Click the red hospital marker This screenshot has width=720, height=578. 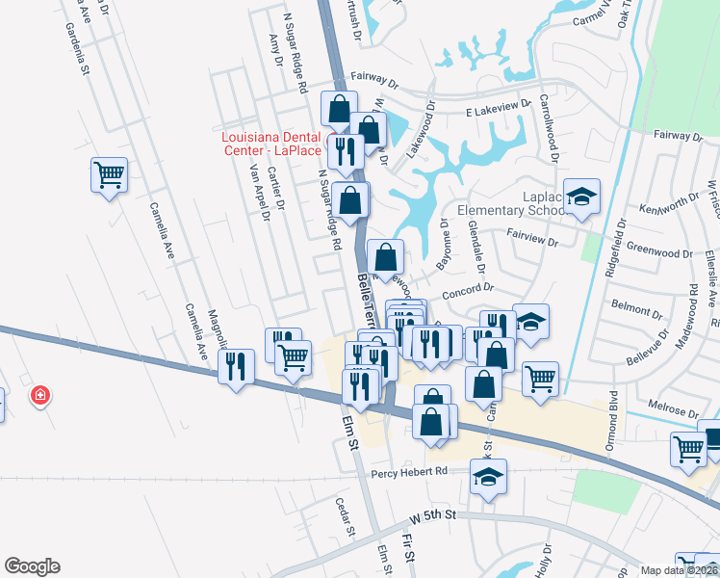(x=40, y=394)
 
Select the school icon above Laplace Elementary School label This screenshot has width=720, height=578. (x=581, y=197)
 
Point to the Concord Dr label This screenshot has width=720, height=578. (x=467, y=287)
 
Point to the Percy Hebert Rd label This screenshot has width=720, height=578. (x=409, y=471)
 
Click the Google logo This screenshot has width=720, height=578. (x=32, y=566)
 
